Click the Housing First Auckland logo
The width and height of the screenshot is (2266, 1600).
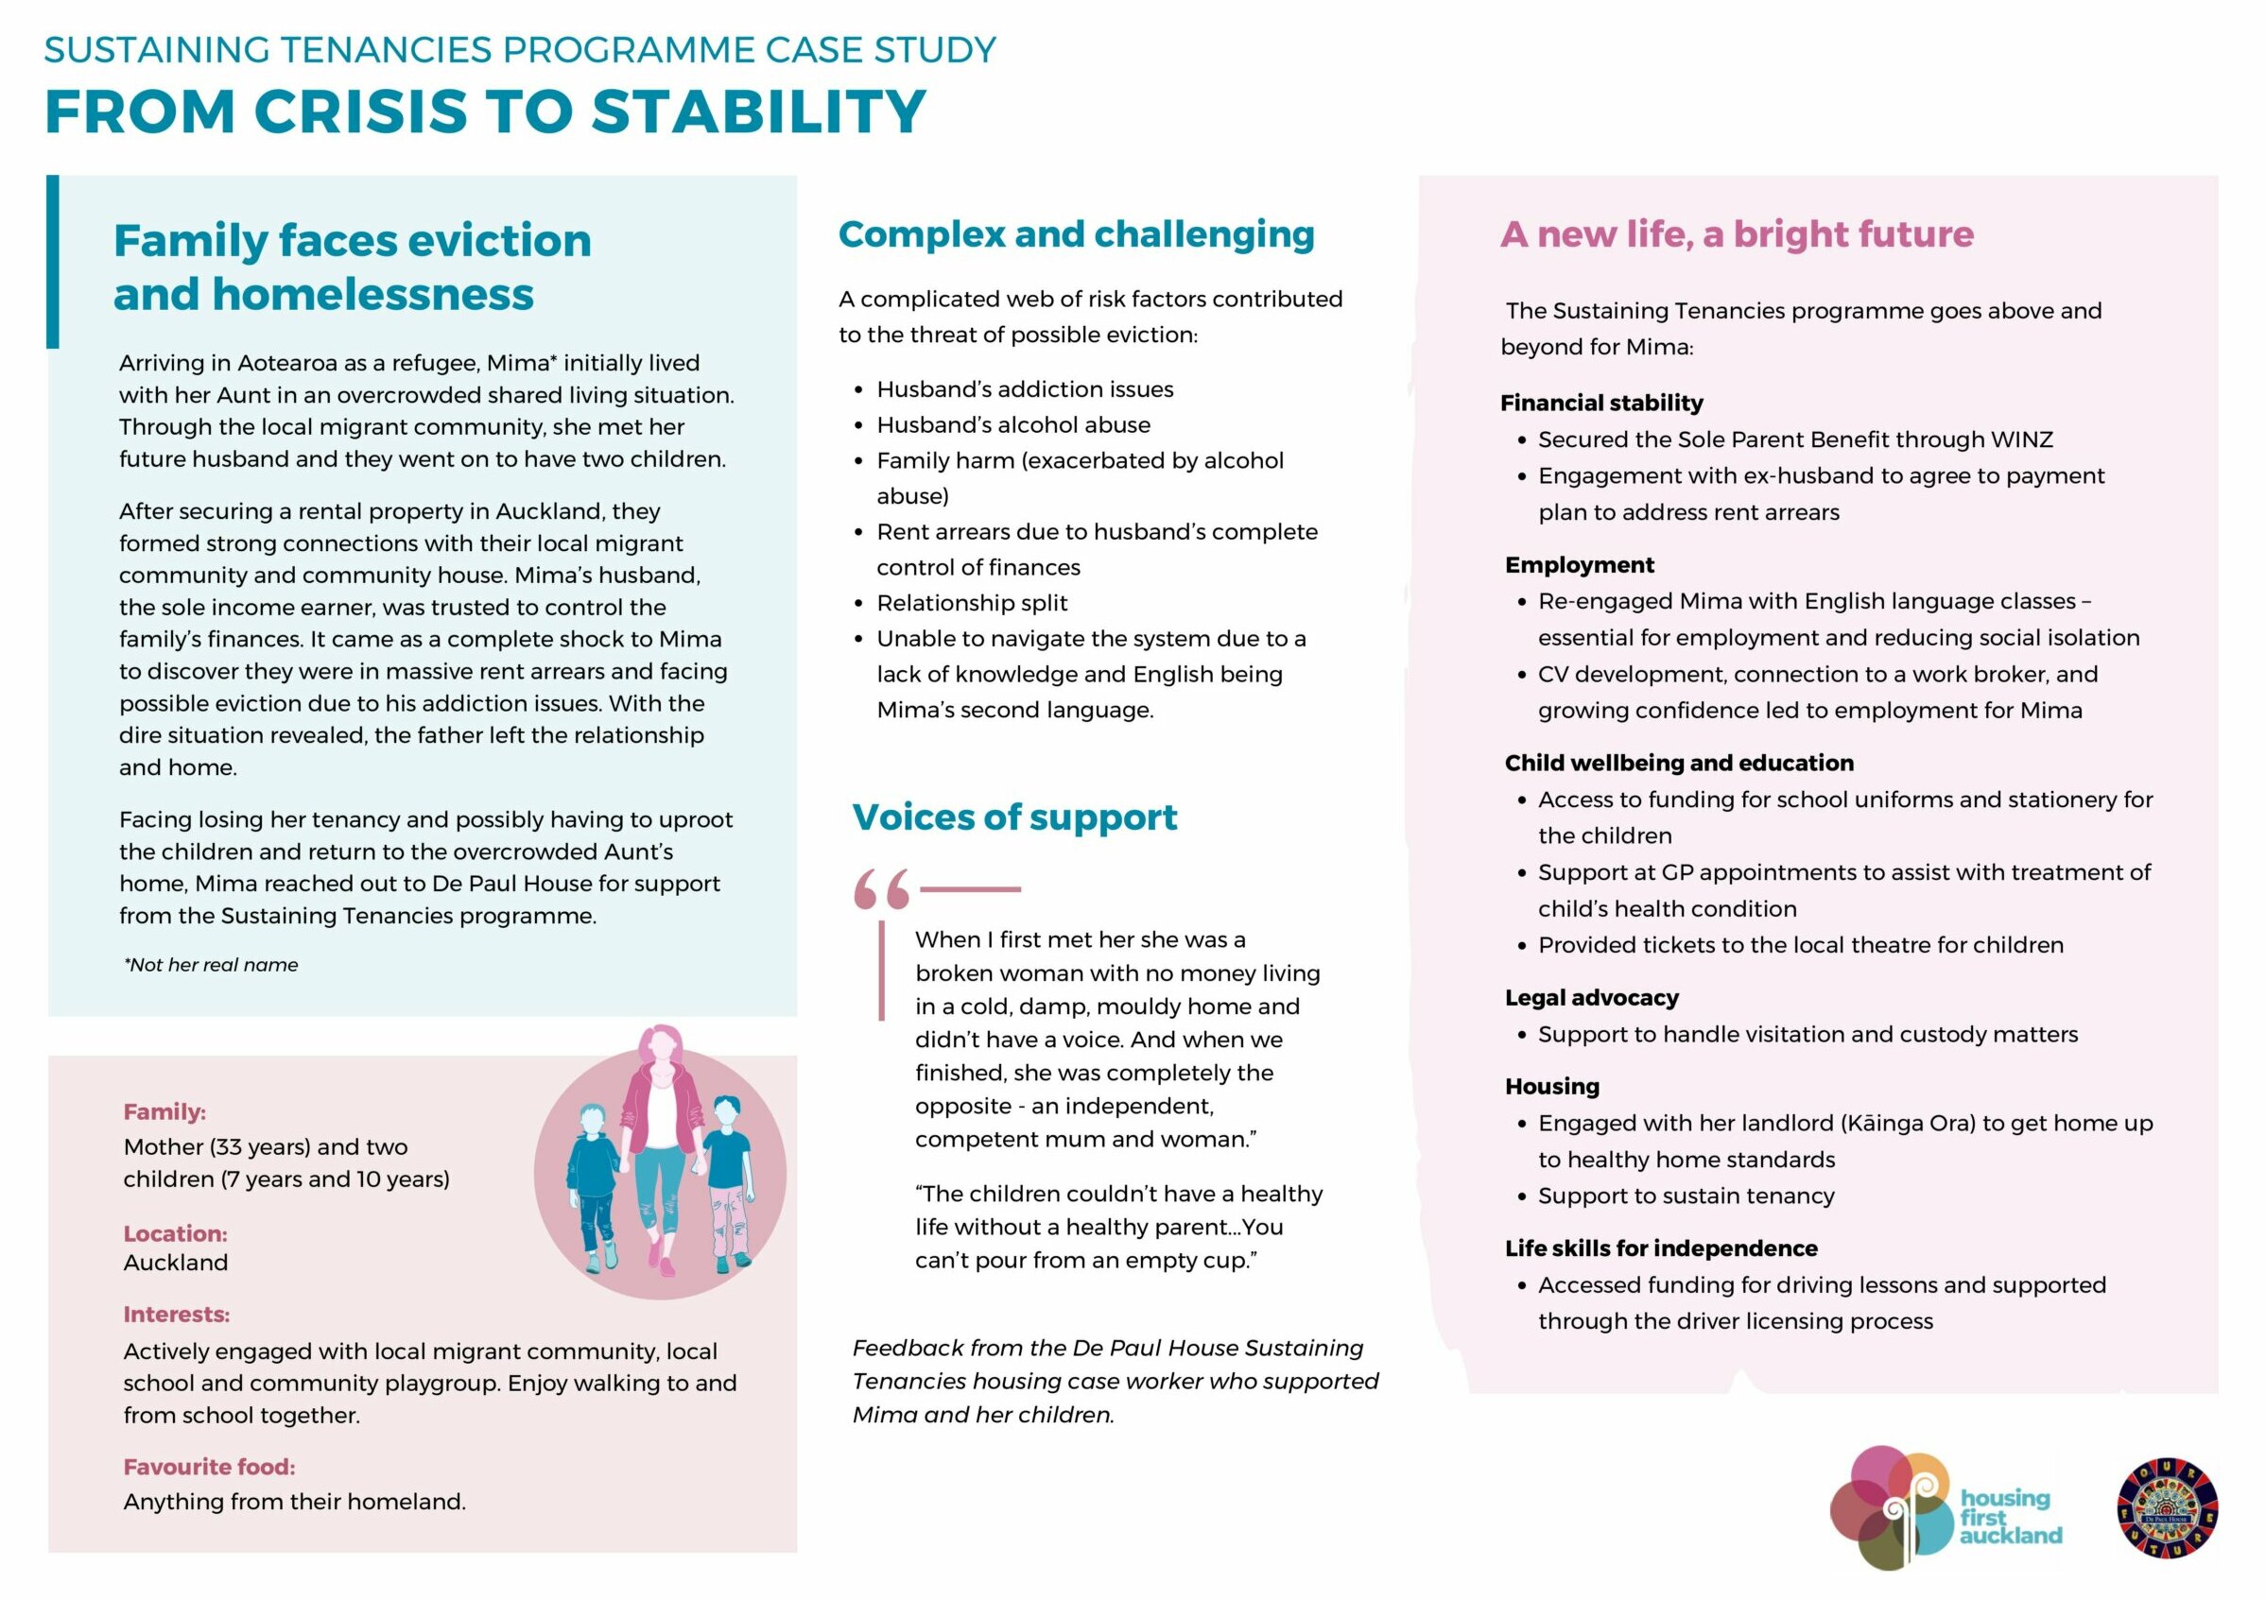coord(1945,1508)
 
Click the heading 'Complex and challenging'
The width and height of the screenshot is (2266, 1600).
coord(1076,234)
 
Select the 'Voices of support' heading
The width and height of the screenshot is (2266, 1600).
coord(1013,817)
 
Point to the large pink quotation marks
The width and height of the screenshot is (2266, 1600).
coord(881,888)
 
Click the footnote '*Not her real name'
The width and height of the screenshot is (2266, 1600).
coord(210,965)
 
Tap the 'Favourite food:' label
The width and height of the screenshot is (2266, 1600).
coord(209,1467)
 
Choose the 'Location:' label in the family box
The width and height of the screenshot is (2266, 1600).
coord(175,1233)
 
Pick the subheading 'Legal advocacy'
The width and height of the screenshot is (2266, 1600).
coord(1591,997)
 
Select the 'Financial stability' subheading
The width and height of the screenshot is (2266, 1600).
coord(1600,403)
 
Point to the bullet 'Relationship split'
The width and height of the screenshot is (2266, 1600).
coord(971,603)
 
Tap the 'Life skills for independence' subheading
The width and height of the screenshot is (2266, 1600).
coord(1660,1247)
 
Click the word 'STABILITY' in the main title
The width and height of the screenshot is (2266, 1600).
coord(758,111)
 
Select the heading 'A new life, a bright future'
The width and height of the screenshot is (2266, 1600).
coord(1736,234)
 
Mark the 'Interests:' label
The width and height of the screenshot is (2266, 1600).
coord(176,1314)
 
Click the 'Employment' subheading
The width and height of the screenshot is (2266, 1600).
coord(1579,564)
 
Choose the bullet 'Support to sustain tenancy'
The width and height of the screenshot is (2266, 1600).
coord(1686,1196)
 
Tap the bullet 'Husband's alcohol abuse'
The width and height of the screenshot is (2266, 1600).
coord(1012,424)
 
